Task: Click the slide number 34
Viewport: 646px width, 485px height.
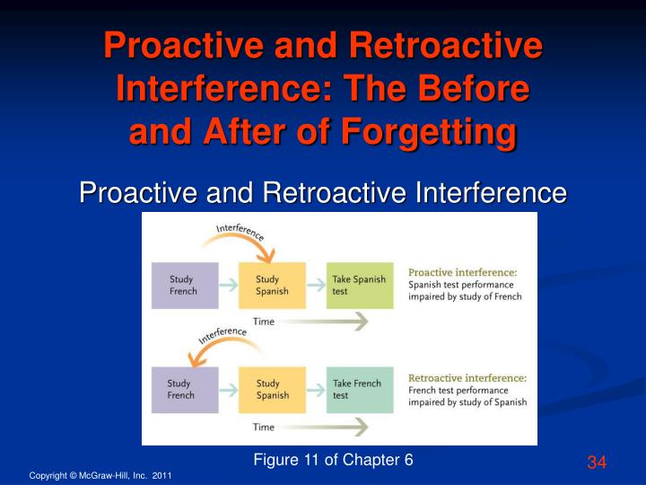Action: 598,463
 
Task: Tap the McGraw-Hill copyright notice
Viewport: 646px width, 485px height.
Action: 100,474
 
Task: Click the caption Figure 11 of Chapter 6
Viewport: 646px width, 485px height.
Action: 333,460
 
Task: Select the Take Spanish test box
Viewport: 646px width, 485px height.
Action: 359,286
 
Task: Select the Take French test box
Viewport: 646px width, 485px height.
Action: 359,389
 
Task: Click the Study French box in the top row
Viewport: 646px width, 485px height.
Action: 184,286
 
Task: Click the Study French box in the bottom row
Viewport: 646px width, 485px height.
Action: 184,389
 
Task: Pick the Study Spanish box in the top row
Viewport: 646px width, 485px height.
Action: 272,286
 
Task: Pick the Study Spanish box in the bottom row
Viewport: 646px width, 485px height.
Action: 272,389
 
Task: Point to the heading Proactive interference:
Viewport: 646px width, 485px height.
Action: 462,272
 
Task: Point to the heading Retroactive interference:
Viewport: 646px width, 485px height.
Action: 467,378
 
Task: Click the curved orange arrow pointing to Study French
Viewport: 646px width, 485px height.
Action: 224,341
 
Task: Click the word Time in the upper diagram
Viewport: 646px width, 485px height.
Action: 263,322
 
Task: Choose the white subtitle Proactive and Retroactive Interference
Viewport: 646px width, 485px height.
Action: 323,191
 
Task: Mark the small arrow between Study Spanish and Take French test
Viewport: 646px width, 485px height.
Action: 316,390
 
